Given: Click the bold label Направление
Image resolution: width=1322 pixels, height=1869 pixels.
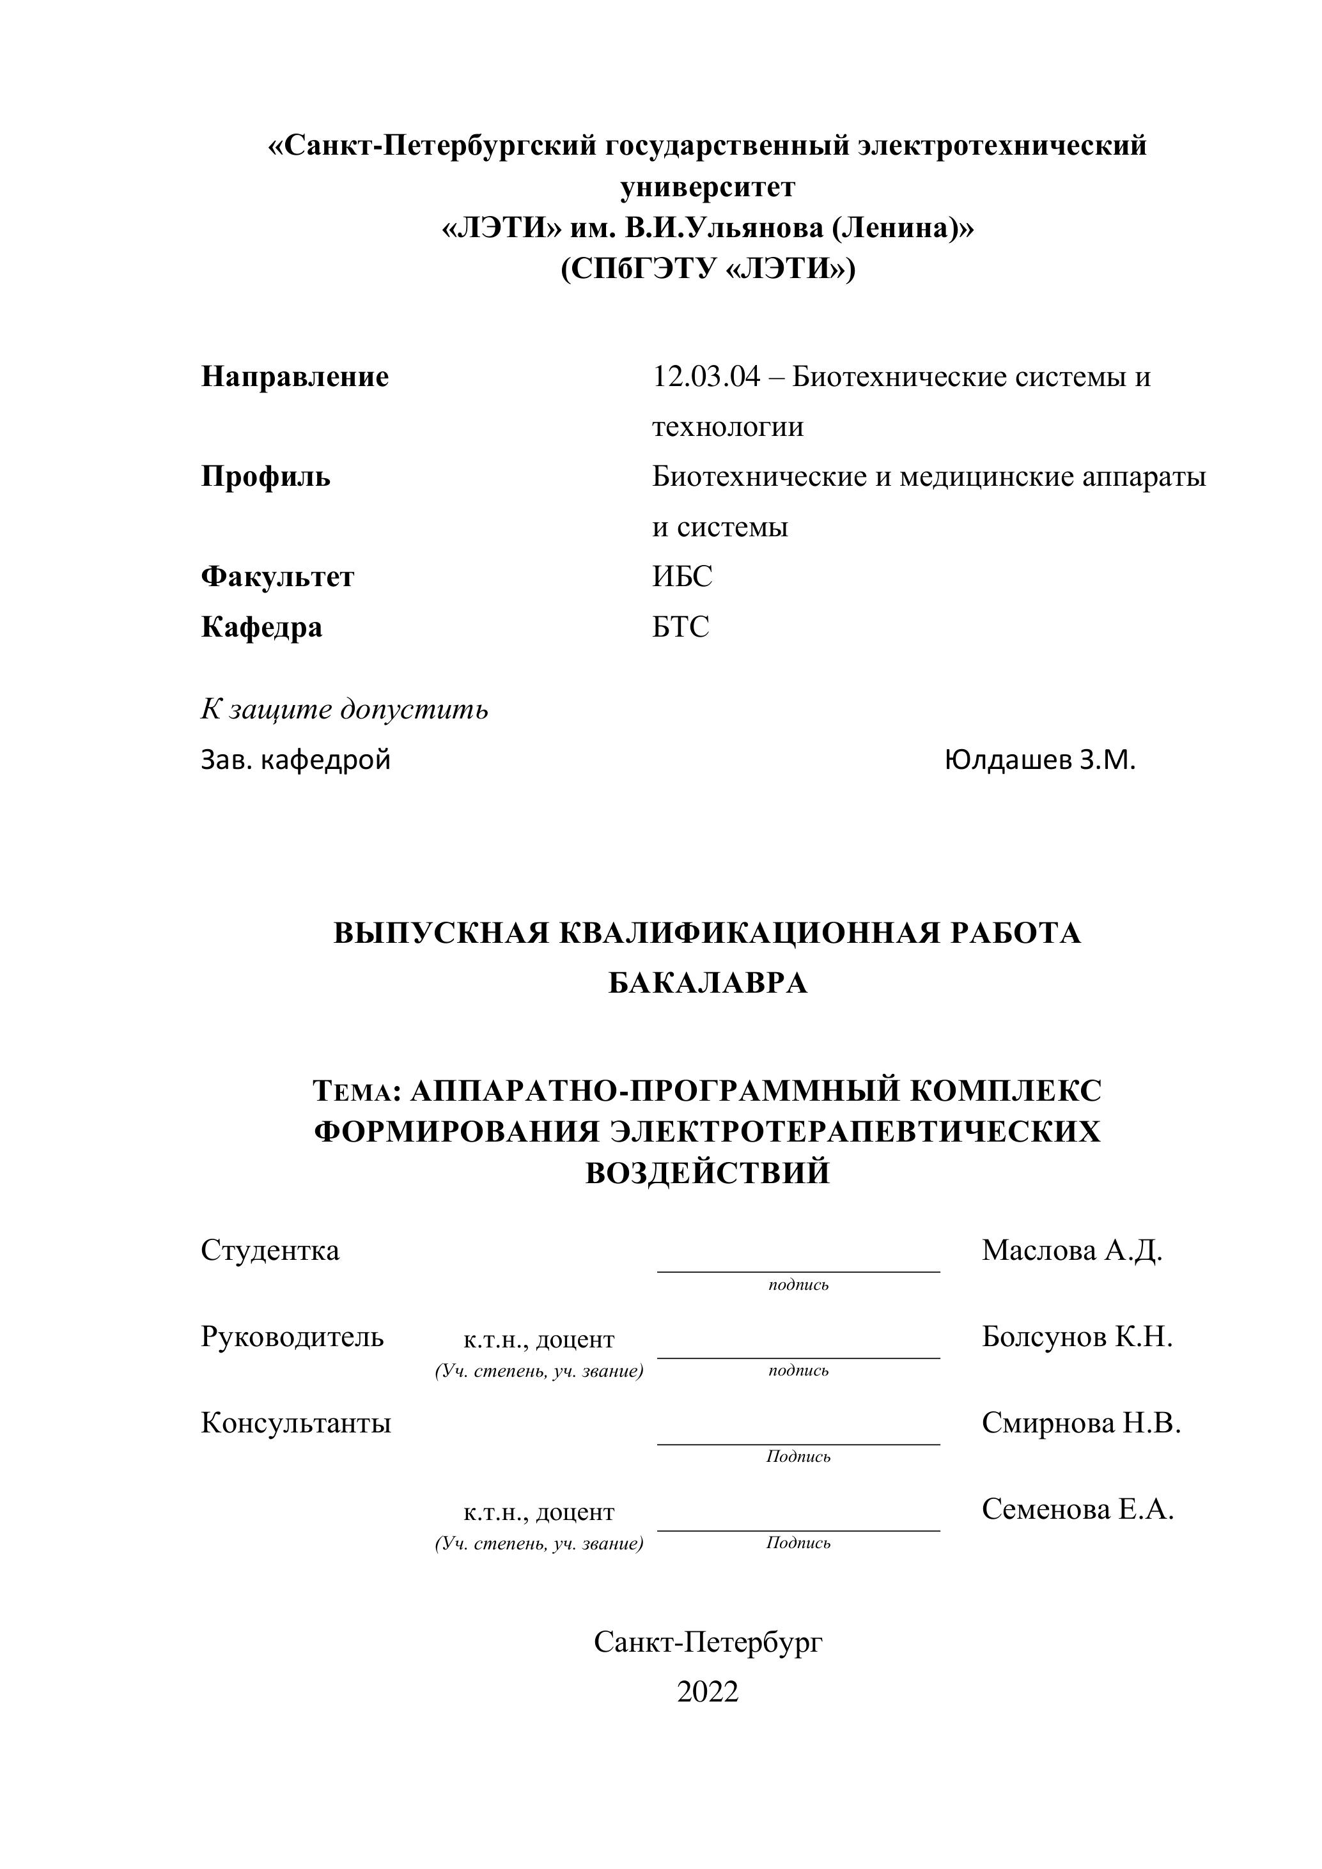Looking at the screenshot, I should (295, 377).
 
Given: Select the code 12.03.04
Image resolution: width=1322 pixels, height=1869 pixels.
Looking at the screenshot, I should (706, 377).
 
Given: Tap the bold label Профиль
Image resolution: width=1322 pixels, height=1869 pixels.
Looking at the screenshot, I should (265, 477).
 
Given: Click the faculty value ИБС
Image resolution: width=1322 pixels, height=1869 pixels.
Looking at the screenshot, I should (681, 577).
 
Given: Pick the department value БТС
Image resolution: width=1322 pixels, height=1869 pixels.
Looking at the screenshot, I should (681, 627).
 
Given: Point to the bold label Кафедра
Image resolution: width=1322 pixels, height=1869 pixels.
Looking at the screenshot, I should (261, 628).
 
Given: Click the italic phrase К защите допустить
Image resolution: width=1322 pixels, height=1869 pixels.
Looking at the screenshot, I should (345, 710).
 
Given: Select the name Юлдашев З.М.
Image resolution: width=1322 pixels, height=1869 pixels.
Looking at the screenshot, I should (1039, 760).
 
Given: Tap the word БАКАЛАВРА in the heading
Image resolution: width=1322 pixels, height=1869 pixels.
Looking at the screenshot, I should (708, 983).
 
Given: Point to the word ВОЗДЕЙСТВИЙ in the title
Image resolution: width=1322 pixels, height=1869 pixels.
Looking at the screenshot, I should (708, 1173).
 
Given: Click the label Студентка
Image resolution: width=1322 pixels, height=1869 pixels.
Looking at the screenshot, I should (269, 1250).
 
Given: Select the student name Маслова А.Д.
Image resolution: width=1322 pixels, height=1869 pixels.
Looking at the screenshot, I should (1072, 1250).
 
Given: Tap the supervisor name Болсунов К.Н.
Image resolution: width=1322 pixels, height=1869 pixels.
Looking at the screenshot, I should (1077, 1337).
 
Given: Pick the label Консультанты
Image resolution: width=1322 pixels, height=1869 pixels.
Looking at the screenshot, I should (295, 1423).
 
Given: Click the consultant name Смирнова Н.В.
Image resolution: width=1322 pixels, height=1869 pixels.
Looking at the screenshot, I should (1081, 1423).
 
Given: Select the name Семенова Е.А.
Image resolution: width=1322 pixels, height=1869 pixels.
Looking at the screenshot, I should (1078, 1509).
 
